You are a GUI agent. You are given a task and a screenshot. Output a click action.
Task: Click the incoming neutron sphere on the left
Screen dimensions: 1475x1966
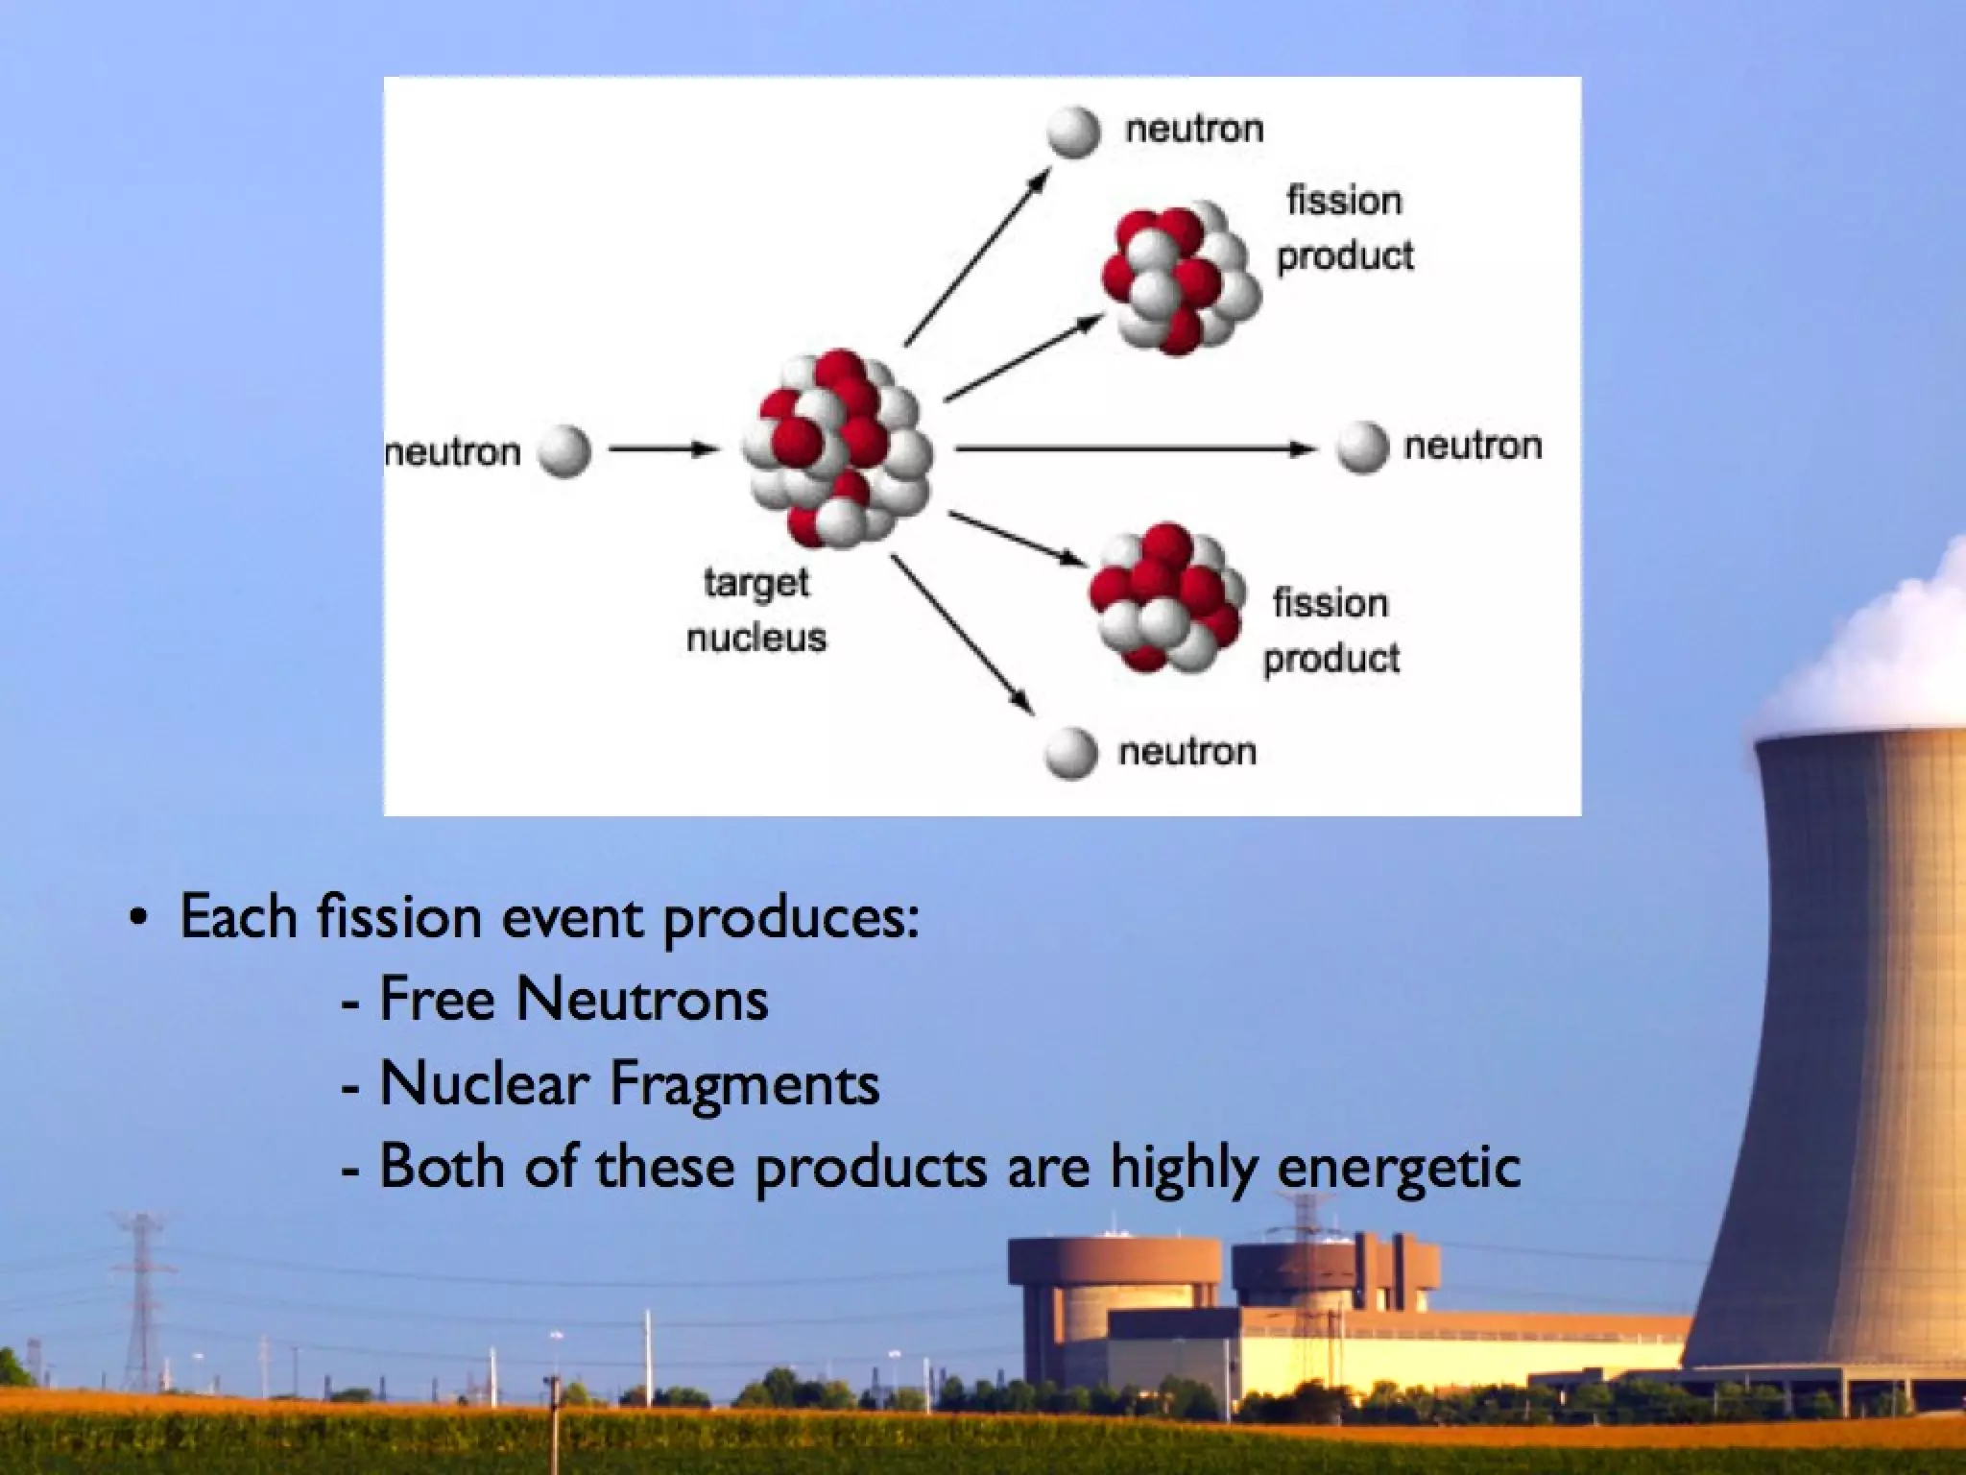click(563, 451)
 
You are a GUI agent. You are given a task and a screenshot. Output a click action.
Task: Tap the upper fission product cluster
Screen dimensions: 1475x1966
click(1180, 278)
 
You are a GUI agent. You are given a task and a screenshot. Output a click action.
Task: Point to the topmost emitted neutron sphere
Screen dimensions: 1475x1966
click(1073, 132)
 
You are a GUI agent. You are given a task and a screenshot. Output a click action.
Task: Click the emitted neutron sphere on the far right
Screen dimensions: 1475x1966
click(1362, 447)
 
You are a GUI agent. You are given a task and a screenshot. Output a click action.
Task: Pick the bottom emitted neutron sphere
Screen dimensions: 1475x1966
click(1071, 752)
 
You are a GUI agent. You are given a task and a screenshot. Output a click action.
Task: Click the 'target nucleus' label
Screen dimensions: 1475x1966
click(756, 610)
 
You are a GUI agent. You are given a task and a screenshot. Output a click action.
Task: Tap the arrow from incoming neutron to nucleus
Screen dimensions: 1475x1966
click(662, 448)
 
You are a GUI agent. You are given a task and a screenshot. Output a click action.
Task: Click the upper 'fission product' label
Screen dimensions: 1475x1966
click(1345, 229)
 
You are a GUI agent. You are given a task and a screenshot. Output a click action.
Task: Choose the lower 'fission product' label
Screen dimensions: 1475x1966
click(1331, 631)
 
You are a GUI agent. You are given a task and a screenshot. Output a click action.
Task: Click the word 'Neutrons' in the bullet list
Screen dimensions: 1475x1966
click(641, 1000)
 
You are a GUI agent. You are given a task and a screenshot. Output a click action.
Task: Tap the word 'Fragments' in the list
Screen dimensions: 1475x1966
click(744, 1084)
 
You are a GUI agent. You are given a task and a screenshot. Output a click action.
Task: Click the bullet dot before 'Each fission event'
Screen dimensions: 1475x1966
click(140, 917)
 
